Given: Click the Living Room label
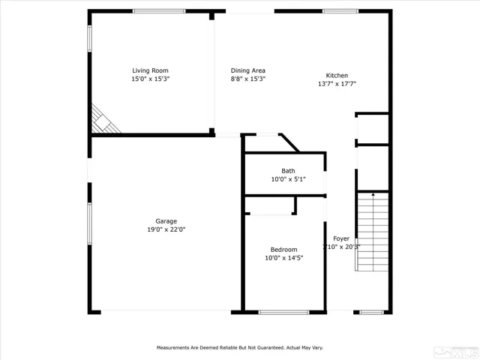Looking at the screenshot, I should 151,70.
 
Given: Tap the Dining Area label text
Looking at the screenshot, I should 247,70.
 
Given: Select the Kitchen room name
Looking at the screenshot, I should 337,75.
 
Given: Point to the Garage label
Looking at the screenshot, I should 166,221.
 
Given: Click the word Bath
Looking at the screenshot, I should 288,171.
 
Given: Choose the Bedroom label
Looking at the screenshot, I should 283,250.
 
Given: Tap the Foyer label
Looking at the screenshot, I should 341,238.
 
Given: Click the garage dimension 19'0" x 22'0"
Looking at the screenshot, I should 166,229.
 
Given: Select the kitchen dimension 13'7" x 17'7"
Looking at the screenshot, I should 337,83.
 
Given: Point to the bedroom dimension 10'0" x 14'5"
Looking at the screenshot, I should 283,258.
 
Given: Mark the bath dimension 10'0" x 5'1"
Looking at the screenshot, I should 288,179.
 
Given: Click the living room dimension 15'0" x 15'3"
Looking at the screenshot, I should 151,79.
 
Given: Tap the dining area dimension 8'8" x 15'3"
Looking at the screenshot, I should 247,79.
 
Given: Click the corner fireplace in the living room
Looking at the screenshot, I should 103,121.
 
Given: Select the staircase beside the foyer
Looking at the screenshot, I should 373,232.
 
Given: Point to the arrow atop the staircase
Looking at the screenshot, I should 373,195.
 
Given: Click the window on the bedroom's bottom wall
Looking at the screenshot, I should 283,312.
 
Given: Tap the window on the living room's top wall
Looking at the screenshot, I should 159,11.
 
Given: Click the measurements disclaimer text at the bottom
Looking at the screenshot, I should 240,348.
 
